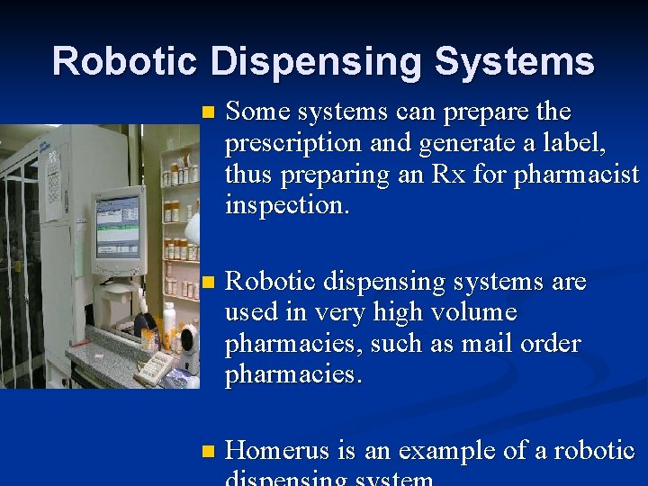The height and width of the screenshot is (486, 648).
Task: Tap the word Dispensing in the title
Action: [316, 61]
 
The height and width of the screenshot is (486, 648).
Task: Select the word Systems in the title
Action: [514, 61]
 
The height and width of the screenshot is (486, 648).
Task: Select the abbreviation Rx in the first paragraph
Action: [454, 175]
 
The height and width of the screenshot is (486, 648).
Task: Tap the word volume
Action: [474, 312]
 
